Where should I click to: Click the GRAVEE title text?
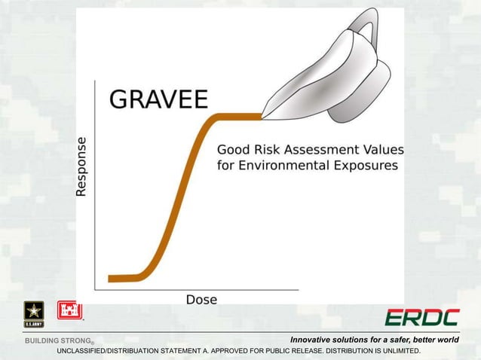pos(159,100)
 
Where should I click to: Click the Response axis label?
pos(81,166)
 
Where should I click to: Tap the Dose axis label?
pos(201,299)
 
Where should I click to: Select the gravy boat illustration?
pos(332,75)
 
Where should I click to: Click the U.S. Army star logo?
pos(34,313)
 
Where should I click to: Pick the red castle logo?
pos(69,310)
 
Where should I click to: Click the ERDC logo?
pos(421,317)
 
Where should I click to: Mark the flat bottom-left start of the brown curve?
pos(121,278)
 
